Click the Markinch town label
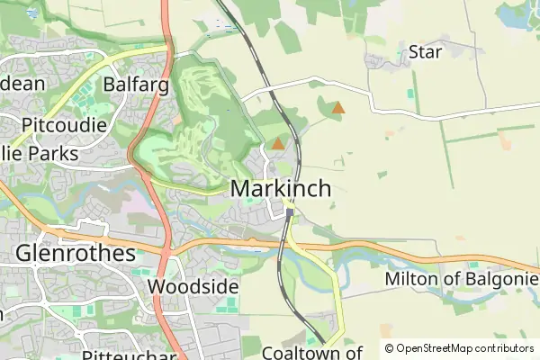click(281, 189)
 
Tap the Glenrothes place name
click(75, 253)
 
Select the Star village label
click(425, 52)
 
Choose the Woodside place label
click(193, 286)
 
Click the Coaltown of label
click(311, 353)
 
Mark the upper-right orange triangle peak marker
click(337, 109)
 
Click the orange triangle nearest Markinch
click(278, 143)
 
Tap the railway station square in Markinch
click(290, 213)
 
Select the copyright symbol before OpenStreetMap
click(389, 348)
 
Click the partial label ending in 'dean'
click(27, 84)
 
